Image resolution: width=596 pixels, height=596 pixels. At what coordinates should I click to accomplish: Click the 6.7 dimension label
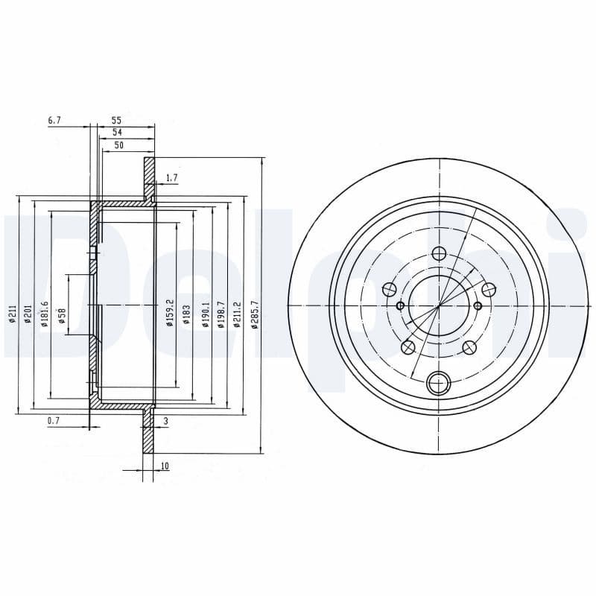pos(54,120)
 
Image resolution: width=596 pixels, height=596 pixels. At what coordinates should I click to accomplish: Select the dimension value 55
pos(116,120)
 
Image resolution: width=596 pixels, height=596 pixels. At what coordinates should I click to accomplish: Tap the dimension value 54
pos(116,132)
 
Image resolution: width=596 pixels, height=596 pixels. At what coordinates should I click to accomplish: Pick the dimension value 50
pos(118,145)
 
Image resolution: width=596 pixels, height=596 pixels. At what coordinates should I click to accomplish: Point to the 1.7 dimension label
pos(171,177)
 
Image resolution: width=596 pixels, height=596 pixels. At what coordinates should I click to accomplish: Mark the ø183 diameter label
pos(186,314)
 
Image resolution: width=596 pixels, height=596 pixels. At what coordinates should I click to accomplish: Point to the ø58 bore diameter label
pos(63,316)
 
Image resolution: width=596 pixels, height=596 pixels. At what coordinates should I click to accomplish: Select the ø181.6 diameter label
pos(45,313)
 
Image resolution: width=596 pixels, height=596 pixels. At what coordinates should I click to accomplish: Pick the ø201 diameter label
pos(28,314)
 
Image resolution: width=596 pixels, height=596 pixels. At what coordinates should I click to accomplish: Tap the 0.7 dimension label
pos(54,421)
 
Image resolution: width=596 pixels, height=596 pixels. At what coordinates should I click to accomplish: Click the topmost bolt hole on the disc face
pos(439,253)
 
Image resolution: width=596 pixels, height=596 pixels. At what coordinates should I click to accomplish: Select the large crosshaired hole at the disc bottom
pos(439,384)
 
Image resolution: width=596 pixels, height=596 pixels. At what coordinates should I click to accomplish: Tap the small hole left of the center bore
pos(400,305)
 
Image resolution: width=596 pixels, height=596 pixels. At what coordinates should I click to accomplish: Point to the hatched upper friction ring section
pos(149,179)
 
